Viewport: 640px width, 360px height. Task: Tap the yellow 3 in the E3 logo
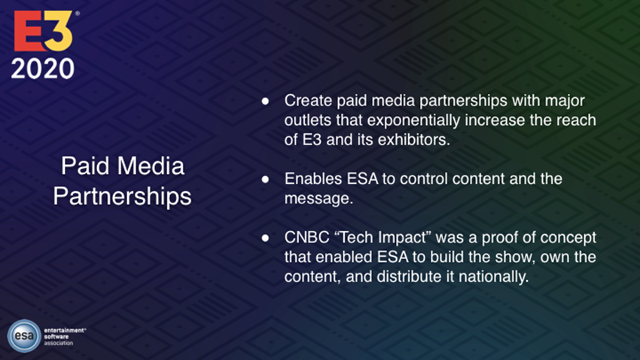[x=59, y=31]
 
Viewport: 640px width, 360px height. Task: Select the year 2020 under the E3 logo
[x=43, y=69]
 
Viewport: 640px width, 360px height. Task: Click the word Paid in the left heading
[x=85, y=166]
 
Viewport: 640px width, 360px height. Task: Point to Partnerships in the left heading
[x=122, y=197]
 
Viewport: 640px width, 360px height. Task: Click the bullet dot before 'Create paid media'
[x=265, y=101]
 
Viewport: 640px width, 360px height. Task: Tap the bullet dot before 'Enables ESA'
[x=265, y=178]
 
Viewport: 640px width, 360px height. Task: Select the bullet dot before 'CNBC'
[x=265, y=237]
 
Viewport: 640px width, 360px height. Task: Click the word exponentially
[x=413, y=121]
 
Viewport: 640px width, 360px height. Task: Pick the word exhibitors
[x=413, y=140]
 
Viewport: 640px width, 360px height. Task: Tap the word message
[x=318, y=199]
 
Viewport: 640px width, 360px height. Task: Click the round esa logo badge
[x=24, y=336]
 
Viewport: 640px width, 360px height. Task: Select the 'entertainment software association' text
[x=65, y=337]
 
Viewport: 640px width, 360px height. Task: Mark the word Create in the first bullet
[x=308, y=101]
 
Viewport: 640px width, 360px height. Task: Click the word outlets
[x=308, y=121]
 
